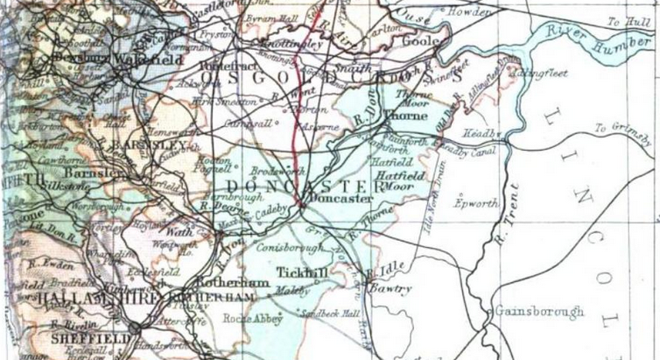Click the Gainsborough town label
[x=538, y=311]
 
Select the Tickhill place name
[x=301, y=272]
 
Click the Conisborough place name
[x=284, y=249]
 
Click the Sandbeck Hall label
[x=330, y=313]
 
